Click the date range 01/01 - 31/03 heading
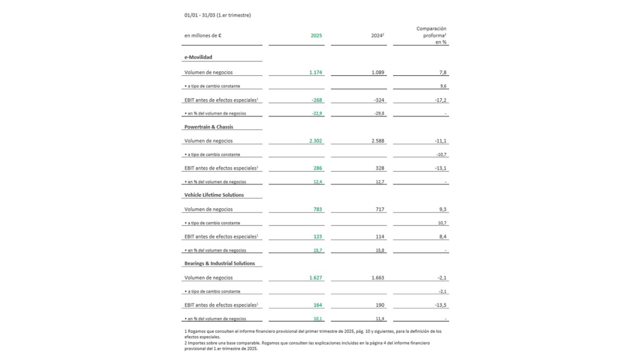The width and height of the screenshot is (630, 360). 217,15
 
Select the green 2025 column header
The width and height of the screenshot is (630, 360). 316,36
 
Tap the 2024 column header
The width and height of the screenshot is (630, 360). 377,36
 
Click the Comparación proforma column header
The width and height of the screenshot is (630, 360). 431,35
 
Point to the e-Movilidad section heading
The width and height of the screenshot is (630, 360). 198,57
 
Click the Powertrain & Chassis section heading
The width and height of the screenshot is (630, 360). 209,127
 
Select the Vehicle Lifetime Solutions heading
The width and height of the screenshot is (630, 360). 214,195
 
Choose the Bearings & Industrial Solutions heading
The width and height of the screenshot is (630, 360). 219,264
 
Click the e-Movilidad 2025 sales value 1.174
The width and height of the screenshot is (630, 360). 315,73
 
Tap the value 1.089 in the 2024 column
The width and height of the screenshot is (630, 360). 377,73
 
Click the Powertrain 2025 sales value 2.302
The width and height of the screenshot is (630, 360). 315,141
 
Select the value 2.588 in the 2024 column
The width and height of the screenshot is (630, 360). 377,141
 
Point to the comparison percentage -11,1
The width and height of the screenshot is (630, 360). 440,141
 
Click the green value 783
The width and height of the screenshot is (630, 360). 318,210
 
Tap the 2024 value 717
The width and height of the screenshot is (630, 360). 379,210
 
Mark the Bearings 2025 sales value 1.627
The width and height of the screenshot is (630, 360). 315,278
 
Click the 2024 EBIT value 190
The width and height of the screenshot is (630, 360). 379,305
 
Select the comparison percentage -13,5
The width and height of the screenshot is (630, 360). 440,305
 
